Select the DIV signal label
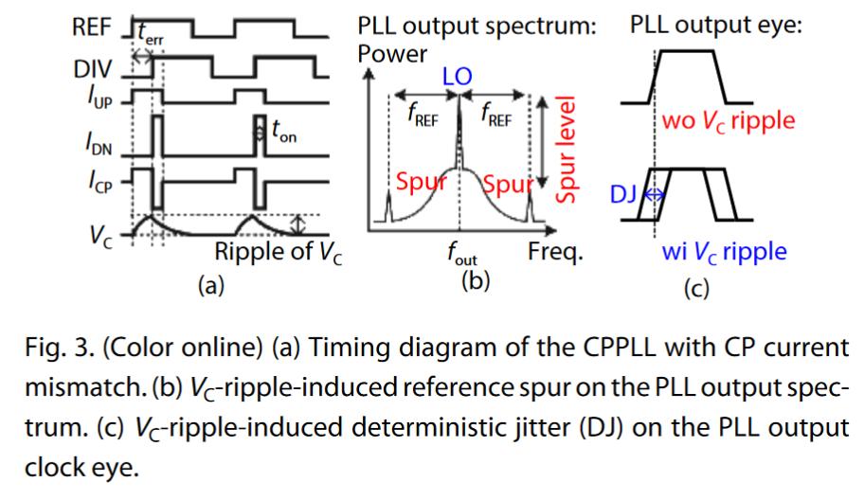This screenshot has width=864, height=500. [x=92, y=69]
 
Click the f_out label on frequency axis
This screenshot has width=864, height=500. [x=462, y=255]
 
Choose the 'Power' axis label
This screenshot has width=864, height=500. [x=391, y=53]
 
